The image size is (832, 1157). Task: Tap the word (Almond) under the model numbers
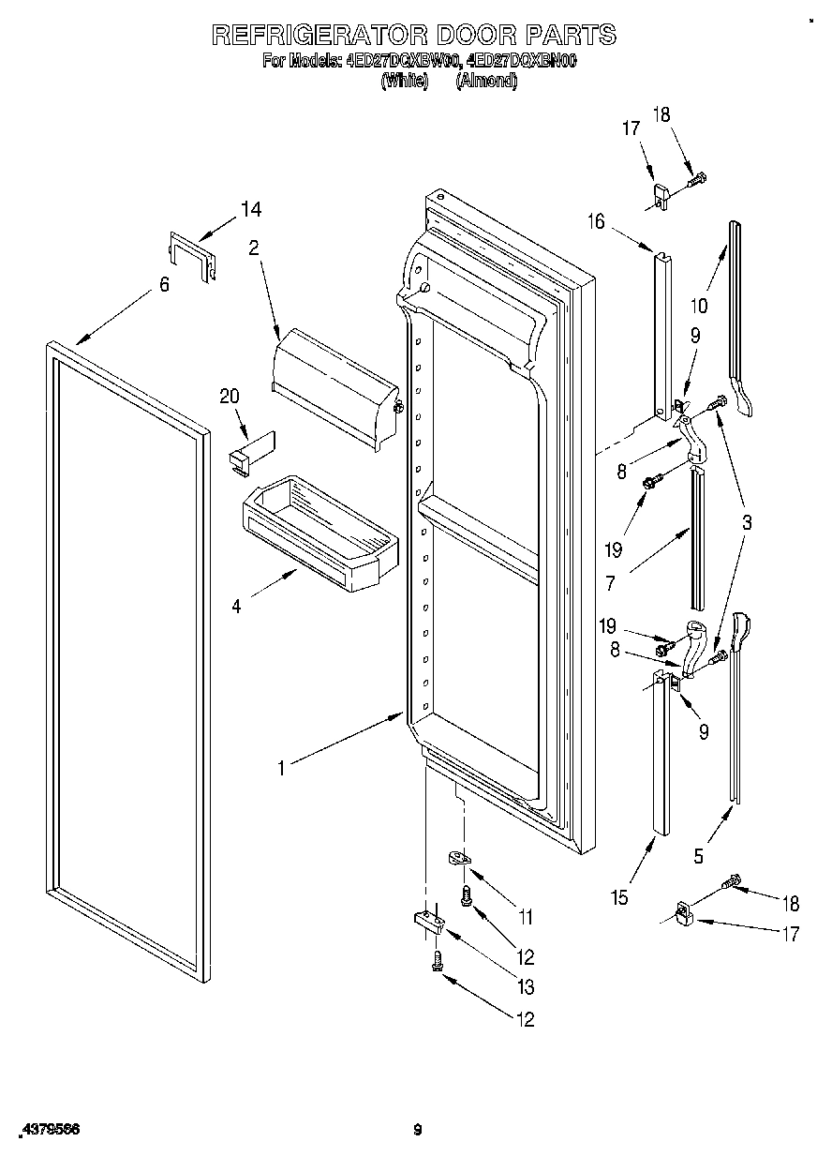pos(485,82)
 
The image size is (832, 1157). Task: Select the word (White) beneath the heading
pos(404,82)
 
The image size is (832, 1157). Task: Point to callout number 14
pos(250,210)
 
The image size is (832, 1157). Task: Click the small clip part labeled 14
pos(192,255)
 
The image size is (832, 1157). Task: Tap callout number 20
pos(230,397)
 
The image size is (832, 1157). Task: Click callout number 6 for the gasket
pos(164,285)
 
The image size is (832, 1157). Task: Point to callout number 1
pos(281,768)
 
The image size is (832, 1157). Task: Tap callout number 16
pos(596,221)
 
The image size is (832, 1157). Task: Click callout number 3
pos(746,523)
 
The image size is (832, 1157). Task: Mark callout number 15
pos(619,897)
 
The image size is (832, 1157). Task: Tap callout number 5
pos(698,855)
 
